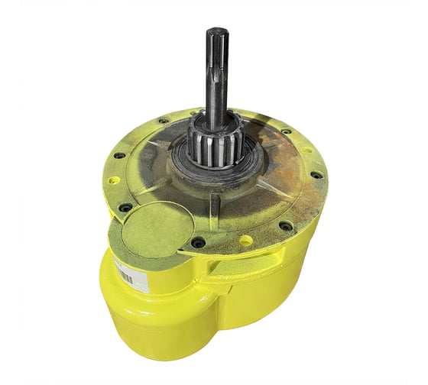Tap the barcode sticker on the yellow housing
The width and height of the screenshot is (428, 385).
tap(125, 271)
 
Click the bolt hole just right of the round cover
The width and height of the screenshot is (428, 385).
tap(198, 242)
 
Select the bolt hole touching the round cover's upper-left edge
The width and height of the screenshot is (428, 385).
tap(125, 207)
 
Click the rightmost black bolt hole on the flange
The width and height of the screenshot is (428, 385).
tap(316, 175)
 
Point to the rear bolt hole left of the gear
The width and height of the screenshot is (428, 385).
tap(164, 121)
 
